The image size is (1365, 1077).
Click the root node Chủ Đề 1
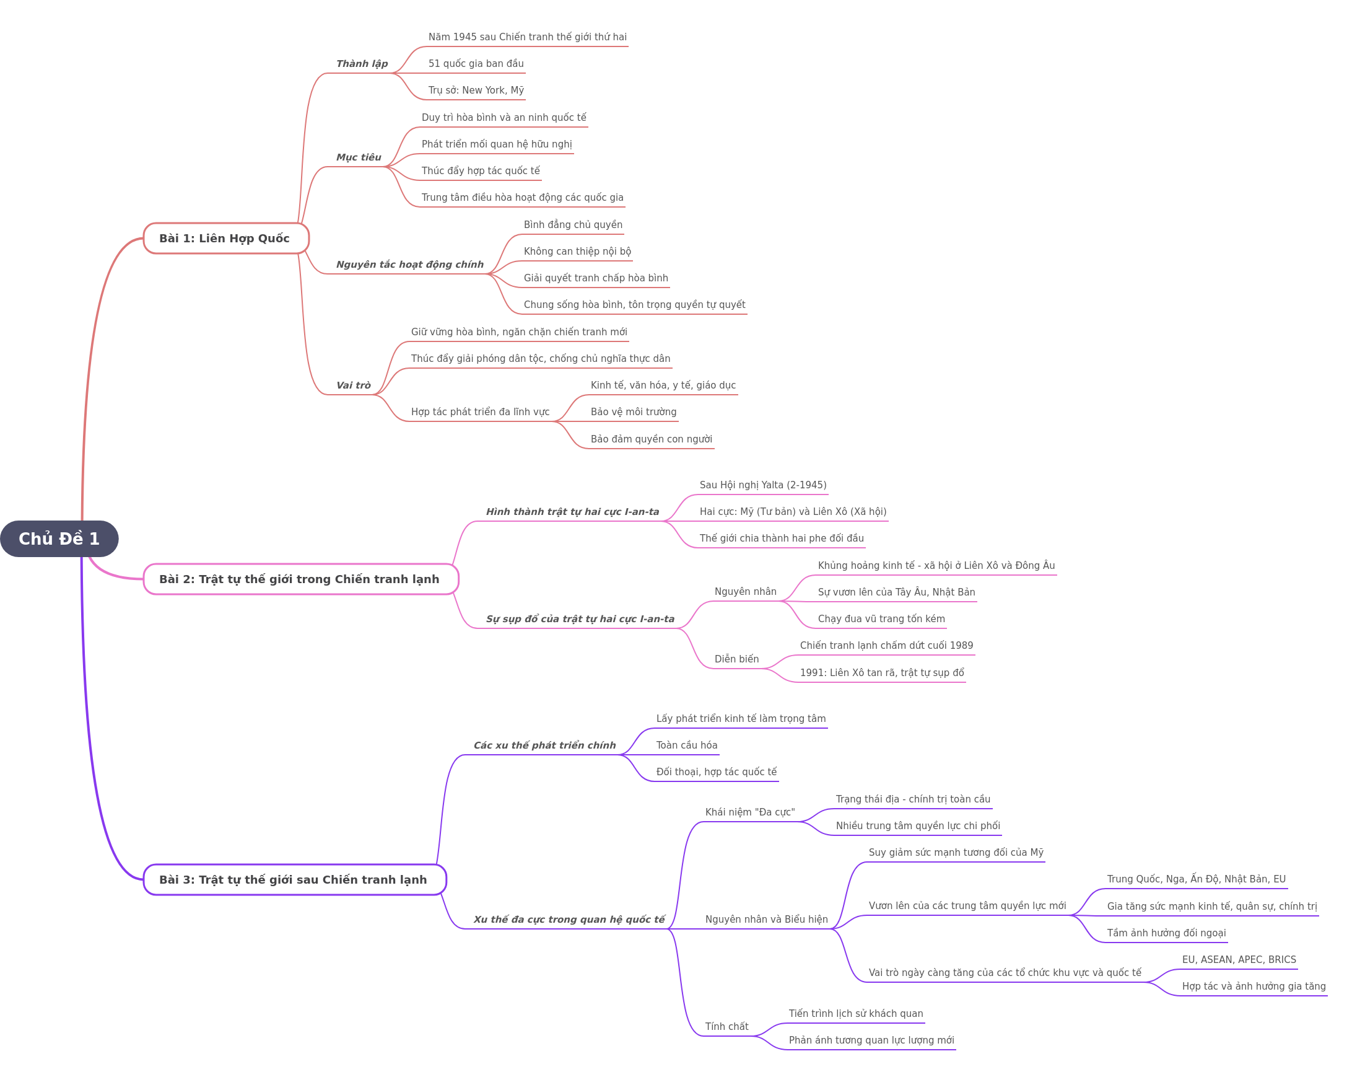(59, 538)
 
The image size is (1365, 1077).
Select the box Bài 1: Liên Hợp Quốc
(226, 239)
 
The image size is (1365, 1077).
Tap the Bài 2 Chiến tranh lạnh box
(300, 579)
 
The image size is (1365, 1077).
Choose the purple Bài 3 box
(295, 880)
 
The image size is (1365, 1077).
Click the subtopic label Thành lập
(362, 64)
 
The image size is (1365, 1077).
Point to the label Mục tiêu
(359, 157)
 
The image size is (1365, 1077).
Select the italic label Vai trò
(353, 385)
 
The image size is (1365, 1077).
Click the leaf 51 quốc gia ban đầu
(476, 64)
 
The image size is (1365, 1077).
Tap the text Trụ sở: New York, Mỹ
(476, 90)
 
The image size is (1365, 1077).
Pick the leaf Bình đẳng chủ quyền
(573, 224)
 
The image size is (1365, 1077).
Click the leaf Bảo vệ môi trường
(634, 411)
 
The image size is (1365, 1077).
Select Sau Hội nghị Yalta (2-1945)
(762, 485)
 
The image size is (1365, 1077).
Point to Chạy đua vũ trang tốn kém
(881, 618)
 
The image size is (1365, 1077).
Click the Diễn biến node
(736, 659)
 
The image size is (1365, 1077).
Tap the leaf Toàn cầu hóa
(686, 745)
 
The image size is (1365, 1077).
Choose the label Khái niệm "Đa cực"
(750, 812)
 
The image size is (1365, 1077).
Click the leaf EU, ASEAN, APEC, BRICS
(1239, 959)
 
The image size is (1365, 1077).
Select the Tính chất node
(726, 1026)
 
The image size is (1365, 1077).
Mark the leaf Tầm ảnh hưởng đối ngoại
(1166, 933)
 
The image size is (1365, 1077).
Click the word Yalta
(777, 485)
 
